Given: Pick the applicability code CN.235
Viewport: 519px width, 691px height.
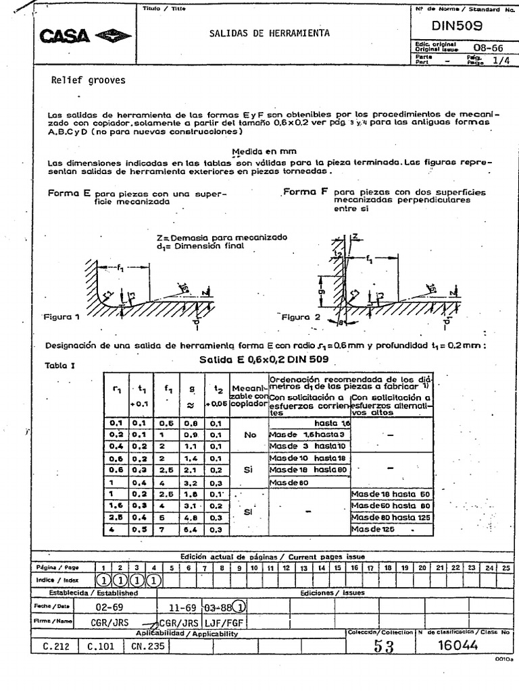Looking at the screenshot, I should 147,646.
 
